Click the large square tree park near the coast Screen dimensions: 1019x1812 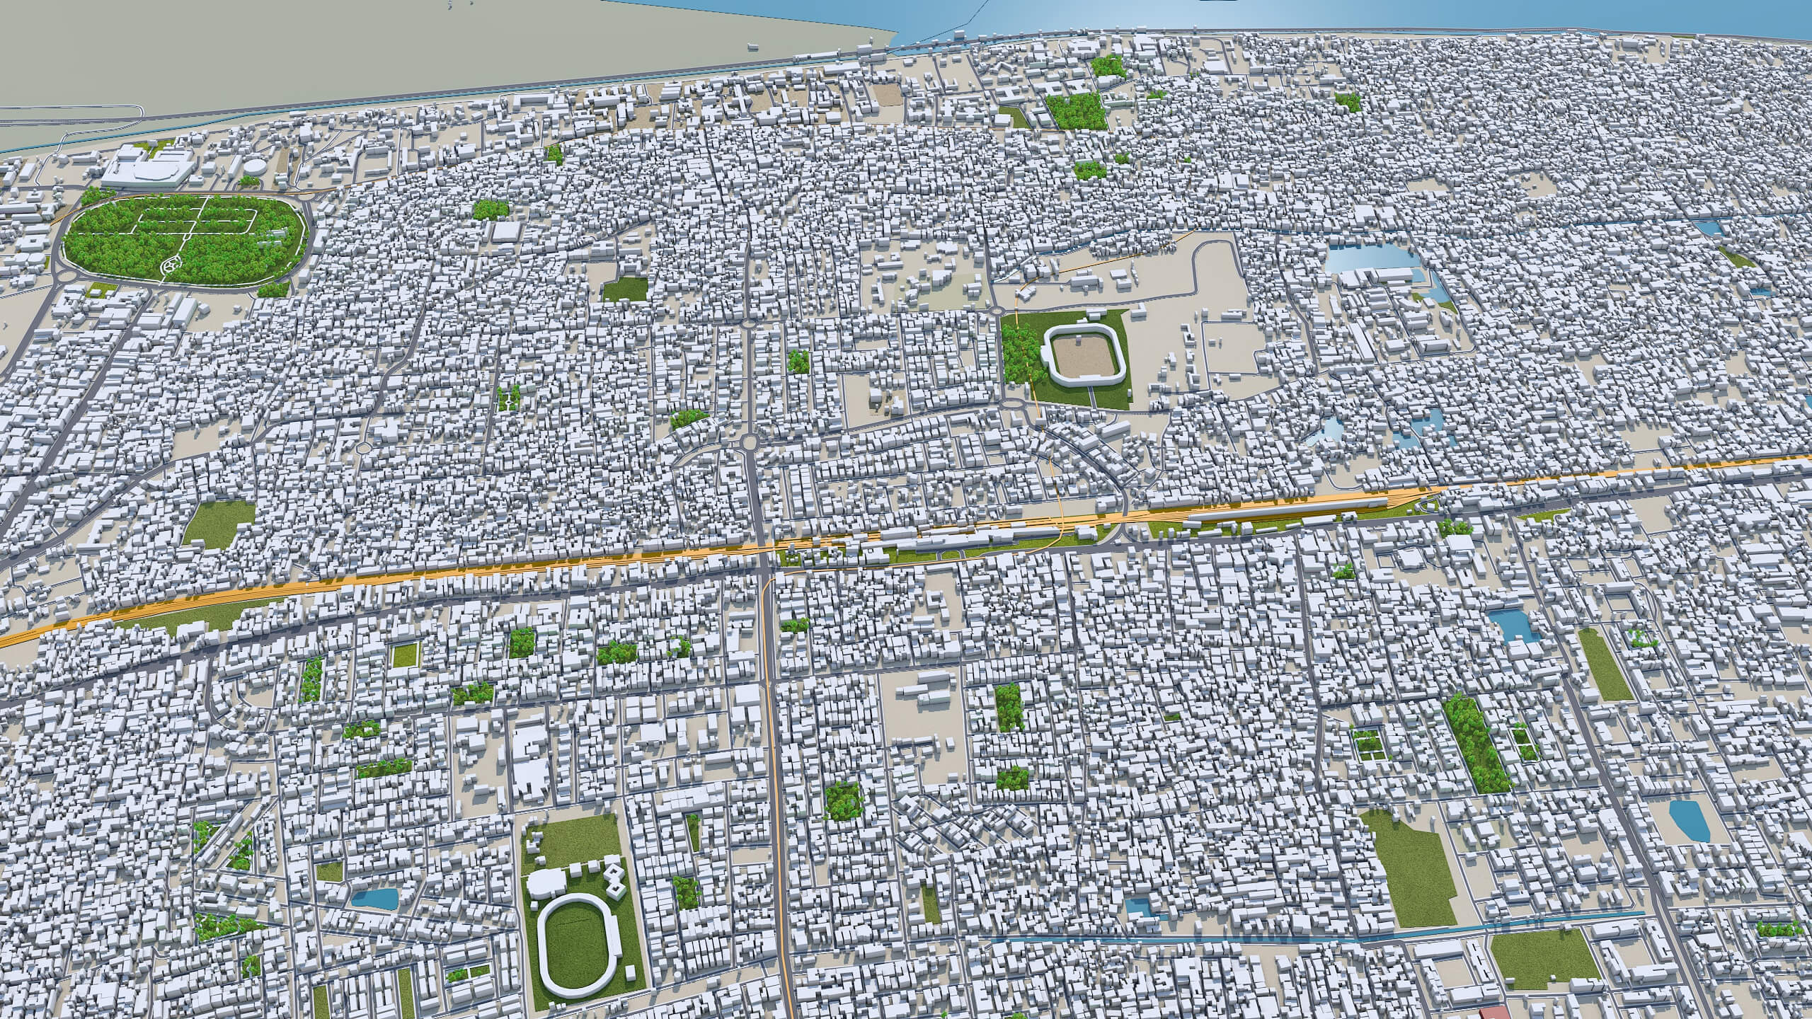click(x=1074, y=110)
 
